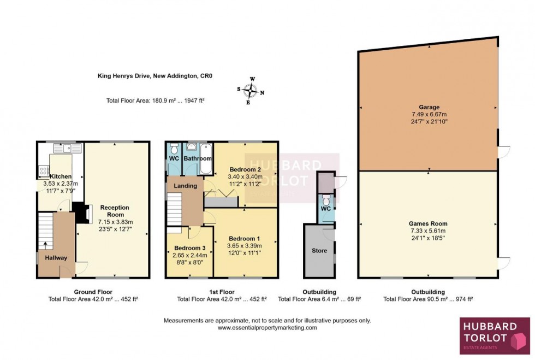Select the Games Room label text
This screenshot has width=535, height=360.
[x=429, y=223]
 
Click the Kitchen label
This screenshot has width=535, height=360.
[x=61, y=177]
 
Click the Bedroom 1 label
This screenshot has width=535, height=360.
[x=243, y=239]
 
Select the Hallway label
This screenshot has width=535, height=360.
[x=57, y=258]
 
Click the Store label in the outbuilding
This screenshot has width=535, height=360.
[x=319, y=251]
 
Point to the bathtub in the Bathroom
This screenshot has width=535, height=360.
[x=206, y=158]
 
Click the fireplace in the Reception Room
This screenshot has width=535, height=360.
[x=81, y=213]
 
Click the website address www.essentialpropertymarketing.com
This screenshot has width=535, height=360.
[x=267, y=328]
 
